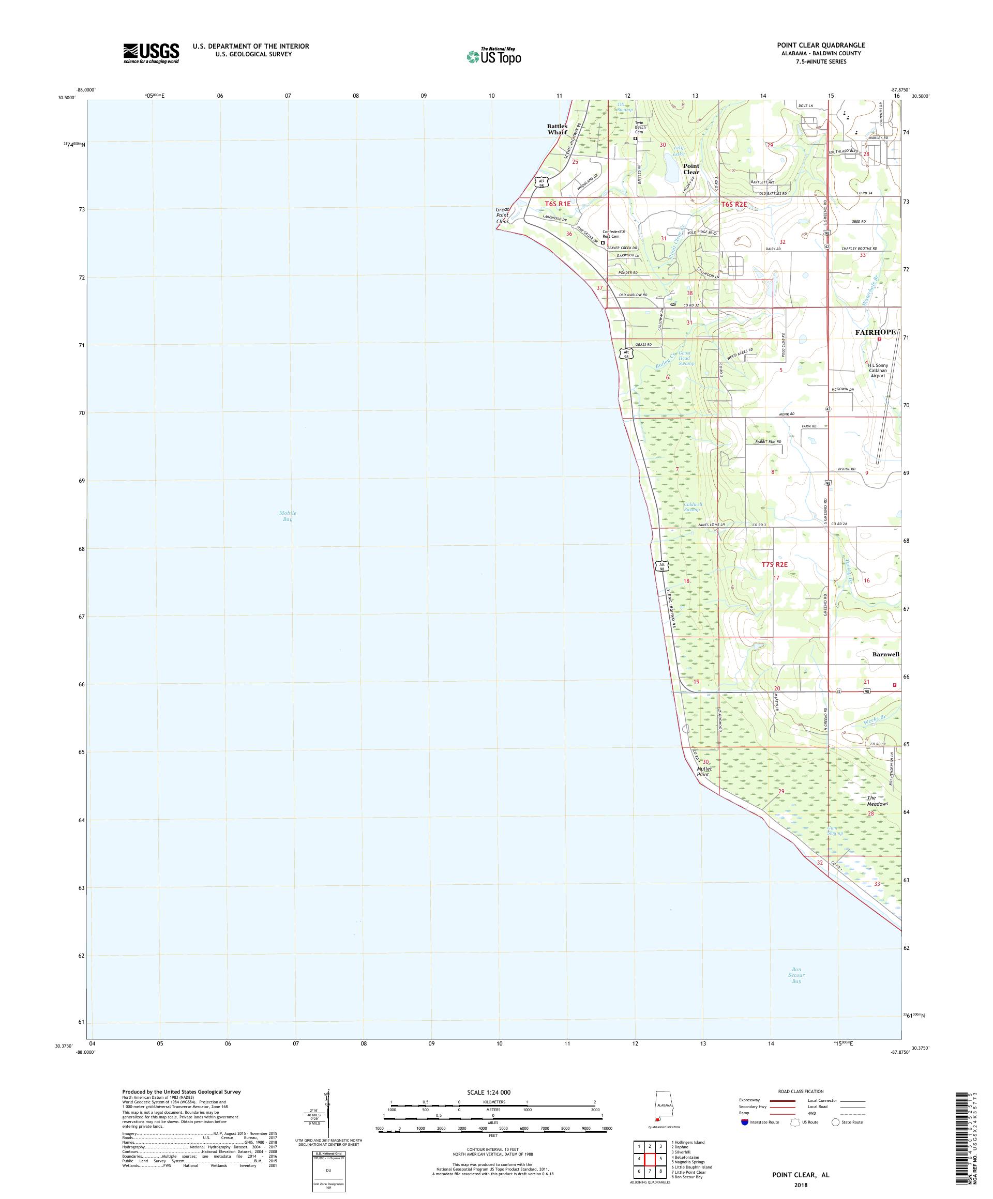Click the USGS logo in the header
click(151, 53)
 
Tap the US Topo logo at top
click(494, 56)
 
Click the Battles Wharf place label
click(558, 129)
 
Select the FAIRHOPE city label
click(875, 332)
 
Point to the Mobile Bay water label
click(288, 516)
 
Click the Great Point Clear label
click(502, 215)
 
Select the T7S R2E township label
click(775, 564)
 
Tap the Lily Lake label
click(679, 151)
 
